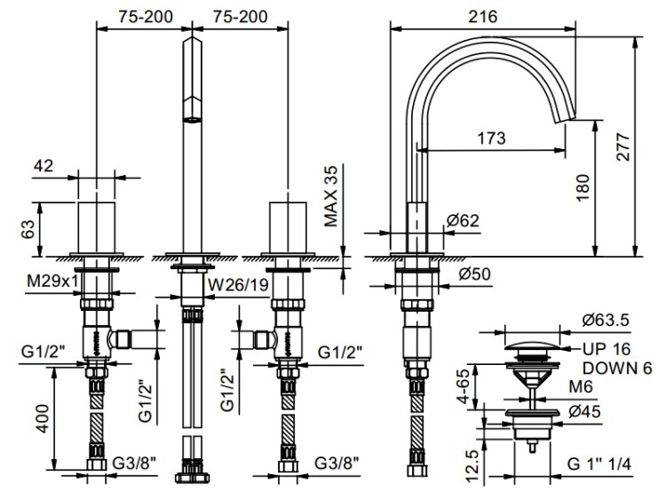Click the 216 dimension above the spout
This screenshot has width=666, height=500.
(483, 17)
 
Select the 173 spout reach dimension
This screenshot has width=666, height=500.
(491, 138)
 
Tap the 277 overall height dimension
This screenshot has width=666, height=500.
(623, 147)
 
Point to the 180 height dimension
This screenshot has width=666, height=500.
(583, 187)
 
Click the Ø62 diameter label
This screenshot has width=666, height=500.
(463, 220)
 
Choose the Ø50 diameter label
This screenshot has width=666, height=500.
(474, 274)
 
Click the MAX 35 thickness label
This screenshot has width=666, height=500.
(330, 196)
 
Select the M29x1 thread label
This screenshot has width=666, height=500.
(52, 281)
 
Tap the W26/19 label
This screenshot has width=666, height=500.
(238, 285)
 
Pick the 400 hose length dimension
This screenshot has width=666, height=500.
(42, 418)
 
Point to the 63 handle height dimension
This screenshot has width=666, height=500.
(28, 229)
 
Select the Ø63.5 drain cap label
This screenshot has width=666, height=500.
(606, 320)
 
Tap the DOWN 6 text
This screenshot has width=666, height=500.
(617, 368)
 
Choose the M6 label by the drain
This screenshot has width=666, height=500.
(580, 387)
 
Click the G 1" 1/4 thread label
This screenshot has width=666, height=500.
(599, 464)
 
